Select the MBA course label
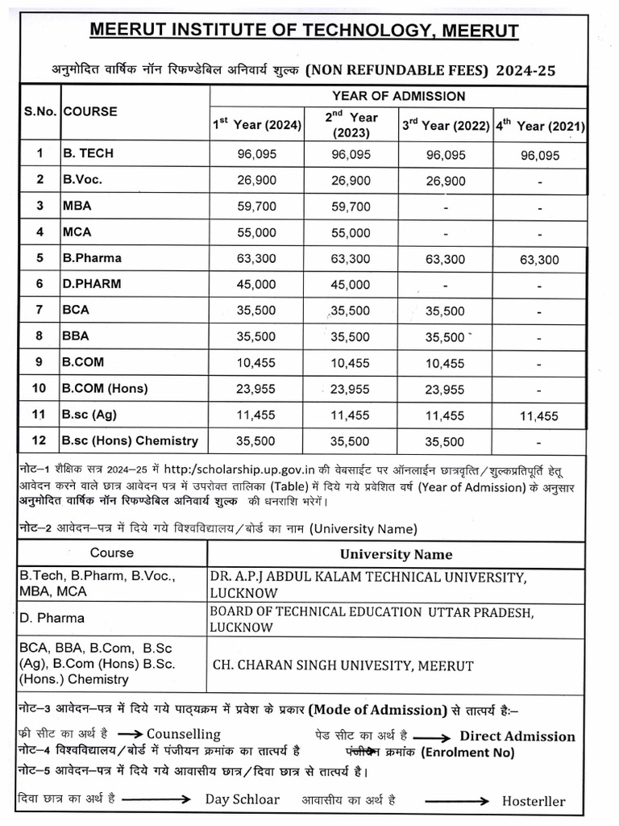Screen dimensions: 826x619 (77, 206)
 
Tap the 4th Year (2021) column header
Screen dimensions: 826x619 (540, 126)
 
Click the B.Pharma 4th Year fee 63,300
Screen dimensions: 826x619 (539, 260)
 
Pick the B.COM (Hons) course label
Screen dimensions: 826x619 (105, 388)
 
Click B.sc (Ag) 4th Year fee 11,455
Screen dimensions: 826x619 (539, 416)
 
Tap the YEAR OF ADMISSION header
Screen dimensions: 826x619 (398, 96)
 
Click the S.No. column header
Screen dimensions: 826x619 (39, 111)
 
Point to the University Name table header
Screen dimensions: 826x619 (396, 554)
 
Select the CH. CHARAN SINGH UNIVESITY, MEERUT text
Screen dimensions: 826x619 (343, 665)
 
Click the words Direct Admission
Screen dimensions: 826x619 (517, 736)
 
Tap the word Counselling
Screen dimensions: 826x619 (183, 734)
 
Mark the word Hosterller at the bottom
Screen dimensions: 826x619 (534, 801)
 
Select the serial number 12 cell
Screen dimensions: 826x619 (39, 440)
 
